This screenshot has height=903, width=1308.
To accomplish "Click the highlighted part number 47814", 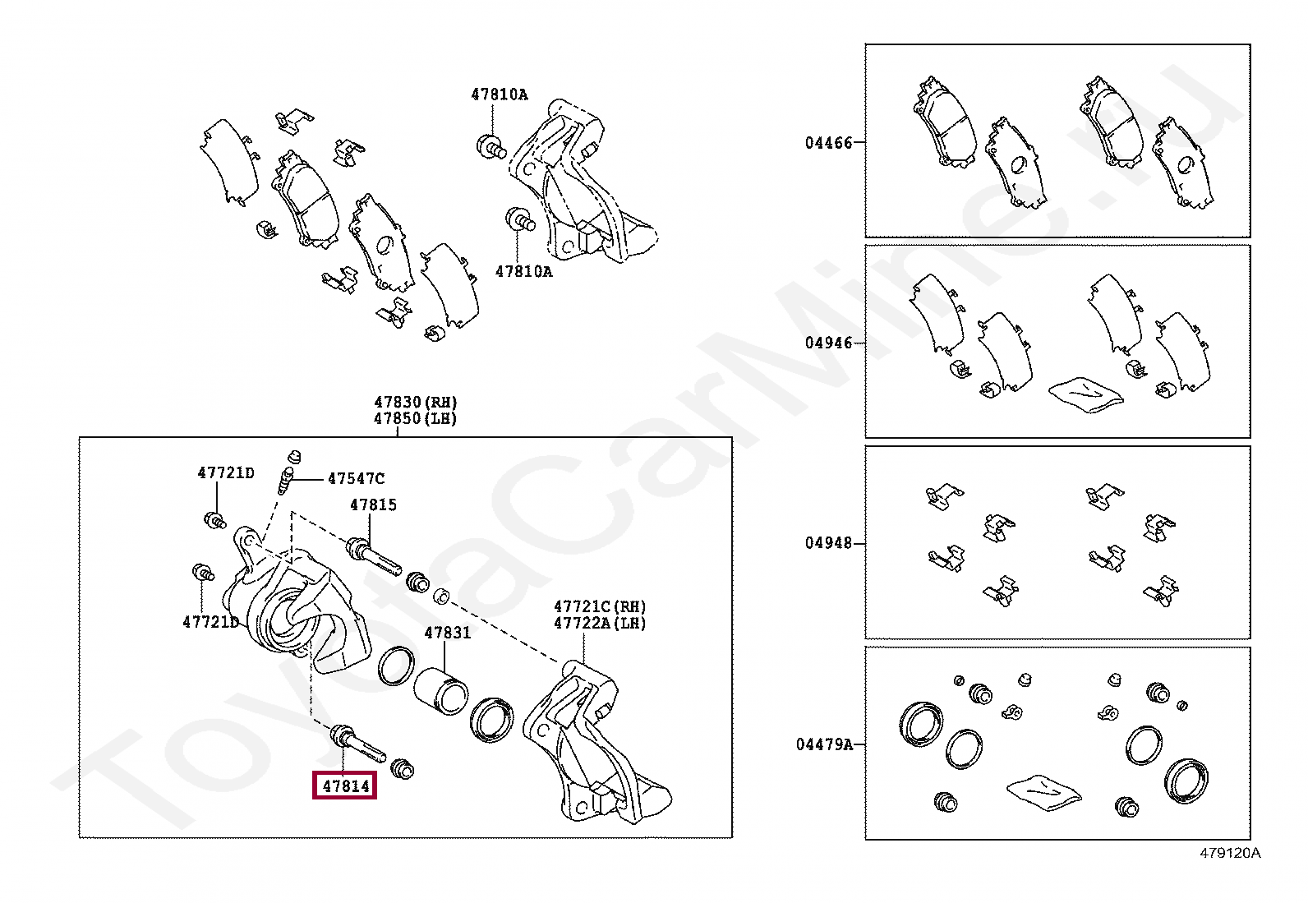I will click(x=345, y=786).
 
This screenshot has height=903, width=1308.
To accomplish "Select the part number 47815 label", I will click(x=373, y=505).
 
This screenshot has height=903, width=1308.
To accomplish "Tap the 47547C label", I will click(x=356, y=478).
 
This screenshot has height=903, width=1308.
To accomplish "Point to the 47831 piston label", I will click(x=447, y=633).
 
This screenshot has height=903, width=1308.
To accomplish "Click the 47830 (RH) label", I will click(x=416, y=402).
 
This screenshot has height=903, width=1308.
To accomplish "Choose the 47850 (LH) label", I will click(x=415, y=418).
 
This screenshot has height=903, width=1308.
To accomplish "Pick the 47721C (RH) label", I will click(x=600, y=606).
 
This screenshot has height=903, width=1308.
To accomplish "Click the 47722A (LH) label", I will click(x=600, y=623).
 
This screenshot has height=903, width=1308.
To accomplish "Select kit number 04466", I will click(x=829, y=143).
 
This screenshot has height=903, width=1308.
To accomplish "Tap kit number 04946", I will click(x=829, y=343).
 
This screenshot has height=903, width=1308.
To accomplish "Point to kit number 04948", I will click(x=829, y=543).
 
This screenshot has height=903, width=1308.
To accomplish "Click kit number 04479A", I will click(x=825, y=744).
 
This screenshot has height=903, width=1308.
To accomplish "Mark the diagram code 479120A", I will click(x=1229, y=853).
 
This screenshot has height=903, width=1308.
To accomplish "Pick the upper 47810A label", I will click(x=499, y=94).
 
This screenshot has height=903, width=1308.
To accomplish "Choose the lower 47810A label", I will click(x=523, y=272).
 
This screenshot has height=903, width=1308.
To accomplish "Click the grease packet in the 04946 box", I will click(x=1085, y=394).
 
